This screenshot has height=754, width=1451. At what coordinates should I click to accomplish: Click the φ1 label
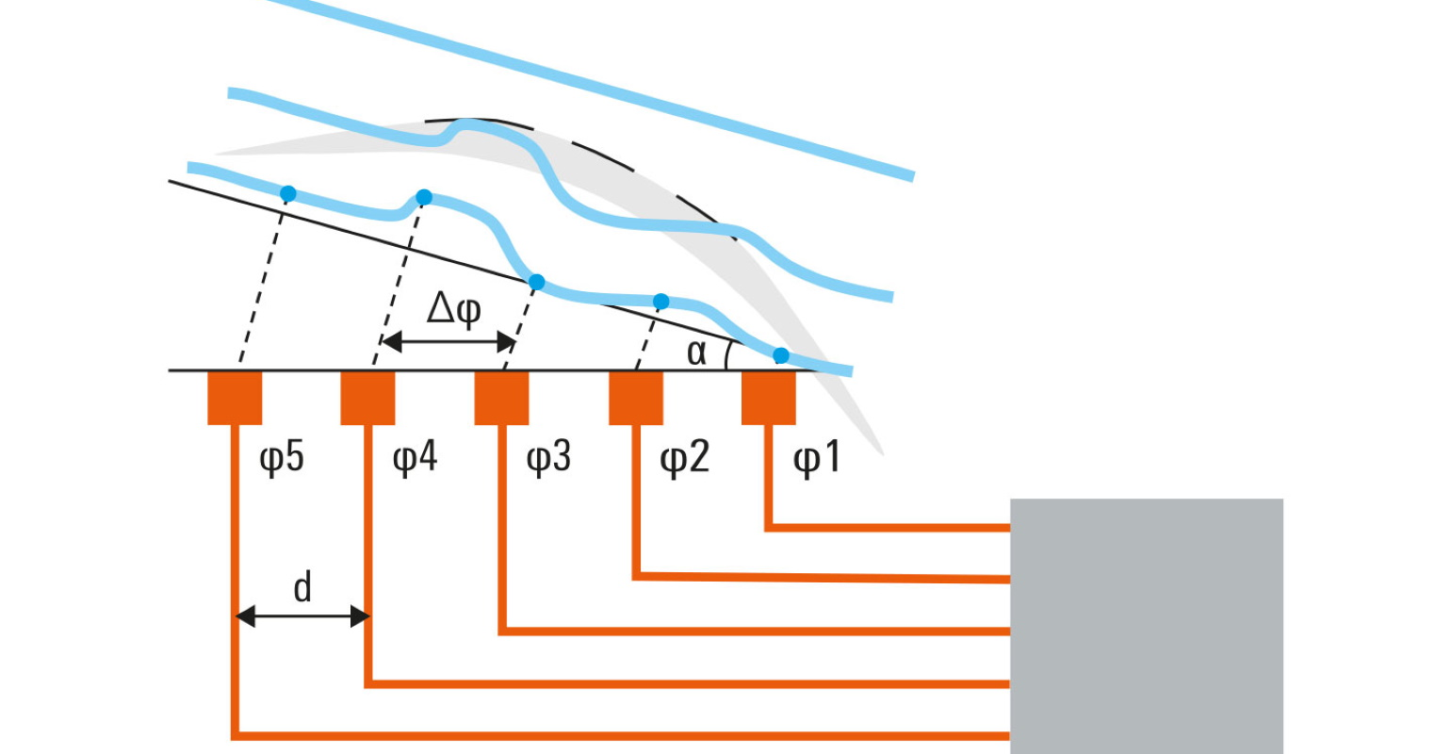[x=816, y=458]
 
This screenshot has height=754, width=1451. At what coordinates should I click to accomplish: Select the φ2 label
[x=683, y=458]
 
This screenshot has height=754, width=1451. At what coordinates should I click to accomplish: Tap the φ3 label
[x=548, y=458]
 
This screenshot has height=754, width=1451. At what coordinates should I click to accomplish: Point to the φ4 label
[x=415, y=458]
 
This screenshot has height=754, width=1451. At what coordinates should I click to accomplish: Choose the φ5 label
[x=282, y=458]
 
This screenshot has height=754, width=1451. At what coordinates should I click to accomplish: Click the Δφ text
[x=453, y=308]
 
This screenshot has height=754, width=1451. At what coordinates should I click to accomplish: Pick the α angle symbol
[x=696, y=352]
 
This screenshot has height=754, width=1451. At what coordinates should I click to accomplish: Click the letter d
[x=302, y=587]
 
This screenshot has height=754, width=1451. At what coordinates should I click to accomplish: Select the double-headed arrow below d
[x=302, y=617]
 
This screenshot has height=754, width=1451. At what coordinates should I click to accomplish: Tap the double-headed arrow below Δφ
[x=448, y=342]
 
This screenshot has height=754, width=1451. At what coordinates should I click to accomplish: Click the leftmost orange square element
[x=235, y=398]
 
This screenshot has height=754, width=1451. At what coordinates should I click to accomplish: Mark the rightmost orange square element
[x=769, y=398]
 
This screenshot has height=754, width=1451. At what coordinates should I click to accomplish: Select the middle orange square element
[x=501, y=398]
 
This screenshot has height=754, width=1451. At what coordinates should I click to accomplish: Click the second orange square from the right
[x=636, y=398]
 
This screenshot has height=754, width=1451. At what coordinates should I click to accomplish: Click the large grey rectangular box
[x=1146, y=625]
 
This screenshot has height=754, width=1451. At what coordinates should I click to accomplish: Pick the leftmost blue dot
[x=288, y=194]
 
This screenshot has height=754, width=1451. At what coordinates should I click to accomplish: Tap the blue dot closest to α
[x=781, y=355]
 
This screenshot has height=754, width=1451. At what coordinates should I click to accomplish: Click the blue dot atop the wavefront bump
[x=424, y=197]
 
